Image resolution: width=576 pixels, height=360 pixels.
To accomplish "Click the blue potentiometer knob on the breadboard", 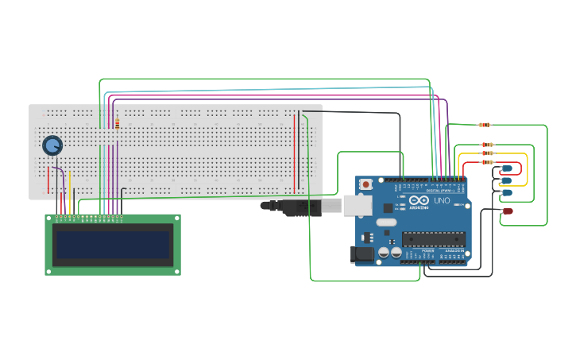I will pyautogui.click(x=52, y=145).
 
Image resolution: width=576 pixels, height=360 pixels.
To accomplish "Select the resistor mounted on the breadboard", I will pyautogui.click(x=118, y=124).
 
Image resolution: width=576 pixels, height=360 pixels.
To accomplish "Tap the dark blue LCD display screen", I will pyautogui.click(x=112, y=244).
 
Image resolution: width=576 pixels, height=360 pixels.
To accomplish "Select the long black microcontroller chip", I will pyautogui.click(x=433, y=238).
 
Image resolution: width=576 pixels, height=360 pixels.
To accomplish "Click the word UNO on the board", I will pyautogui.click(x=441, y=201).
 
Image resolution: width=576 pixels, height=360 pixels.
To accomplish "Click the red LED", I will pyautogui.click(x=508, y=211).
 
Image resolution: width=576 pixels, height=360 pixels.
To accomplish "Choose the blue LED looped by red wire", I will pyautogui.click(x=507, y=168).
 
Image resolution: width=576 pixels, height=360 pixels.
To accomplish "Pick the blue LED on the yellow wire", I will pyautogui.click(x=506, y=180).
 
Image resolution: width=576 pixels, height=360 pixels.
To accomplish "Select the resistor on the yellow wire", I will pyautogui.click(x=487, y=153).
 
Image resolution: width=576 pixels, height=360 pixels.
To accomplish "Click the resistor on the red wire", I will pyautogui.click(x=487, y=162).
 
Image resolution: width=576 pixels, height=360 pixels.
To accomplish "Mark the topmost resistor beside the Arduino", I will pyautogui.click(x=485, y=125).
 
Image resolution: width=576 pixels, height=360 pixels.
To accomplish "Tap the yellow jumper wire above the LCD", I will pyautogui.click(x=70, y=191).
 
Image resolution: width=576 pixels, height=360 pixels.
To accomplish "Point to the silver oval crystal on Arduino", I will pyautogui.click(x=385, y=223).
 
